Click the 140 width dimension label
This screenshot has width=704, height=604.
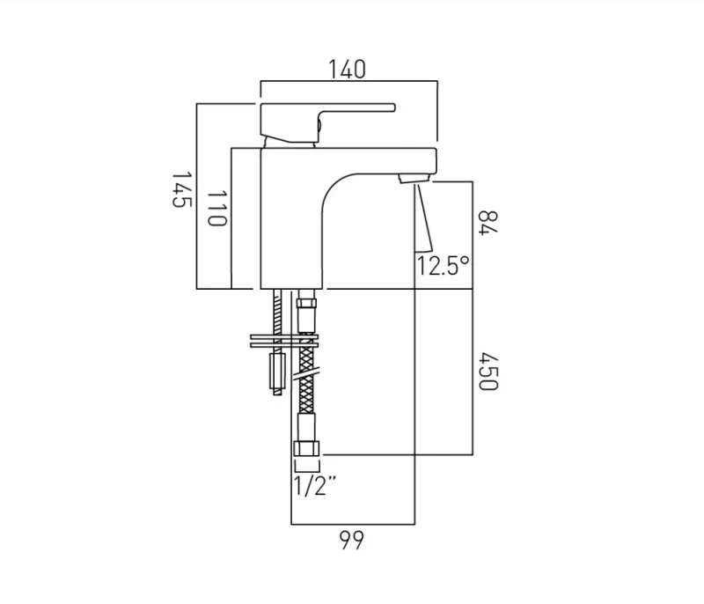coord(347,70)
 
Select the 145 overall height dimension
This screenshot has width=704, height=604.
coord(180,189)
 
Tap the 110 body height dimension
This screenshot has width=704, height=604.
coord(216,209)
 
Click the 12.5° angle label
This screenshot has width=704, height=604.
coord(444,266)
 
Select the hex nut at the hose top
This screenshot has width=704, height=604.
coord(305,310)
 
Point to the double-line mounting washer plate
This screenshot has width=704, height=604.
coord(283,340)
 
